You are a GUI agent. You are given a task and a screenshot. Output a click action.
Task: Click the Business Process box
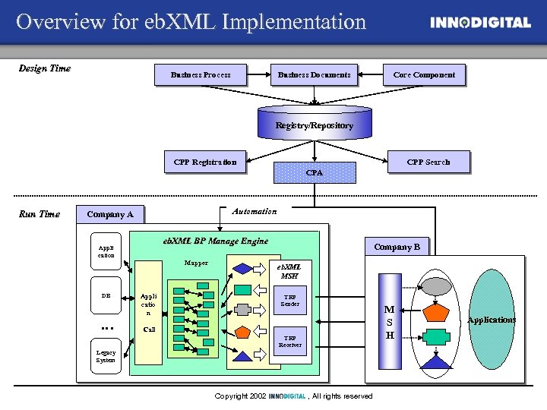(x=201, y=74)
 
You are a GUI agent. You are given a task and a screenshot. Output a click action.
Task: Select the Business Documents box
(x=315, y=74)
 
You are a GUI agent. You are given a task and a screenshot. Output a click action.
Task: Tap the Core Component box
(x=424, y=74)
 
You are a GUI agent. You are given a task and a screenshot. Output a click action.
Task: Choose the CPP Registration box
(x=205, y=162)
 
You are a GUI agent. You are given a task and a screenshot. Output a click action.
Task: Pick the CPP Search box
(x=428, y=162)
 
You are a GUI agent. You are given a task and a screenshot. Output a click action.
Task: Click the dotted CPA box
(x=315, y=173)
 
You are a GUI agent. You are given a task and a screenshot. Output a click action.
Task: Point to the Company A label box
(x=110, y=214)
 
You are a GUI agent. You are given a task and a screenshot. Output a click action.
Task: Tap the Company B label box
(x=397, y=247)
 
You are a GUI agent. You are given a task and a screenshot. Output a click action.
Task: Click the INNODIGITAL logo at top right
(x=480, y=23)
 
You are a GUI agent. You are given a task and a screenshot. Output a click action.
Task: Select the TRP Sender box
(x=290, y=300)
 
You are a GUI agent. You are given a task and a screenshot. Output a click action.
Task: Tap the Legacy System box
(x=106, y=356)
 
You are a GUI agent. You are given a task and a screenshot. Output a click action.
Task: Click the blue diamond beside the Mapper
(x=243, y=268)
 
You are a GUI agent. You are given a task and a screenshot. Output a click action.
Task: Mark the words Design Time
(x=44, y=68)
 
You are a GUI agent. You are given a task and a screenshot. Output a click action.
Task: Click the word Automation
(x=255, y=211)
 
